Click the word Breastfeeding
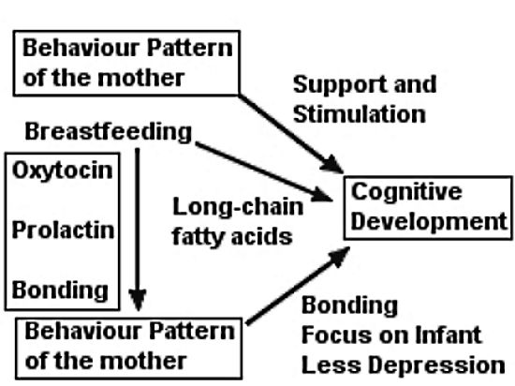[x=108, y=132]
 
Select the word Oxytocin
[x=63, y=171]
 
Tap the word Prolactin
[x=63, y=230]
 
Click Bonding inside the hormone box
[x=60, y=290]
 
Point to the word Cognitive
[x=406, y=192]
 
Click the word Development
[x=429, y=221]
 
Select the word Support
[x=340, y=85]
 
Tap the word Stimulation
[x=360, y=114]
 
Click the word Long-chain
[x=238, y=207]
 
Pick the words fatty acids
[x=232, y=236]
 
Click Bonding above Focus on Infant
[x=349, y=305]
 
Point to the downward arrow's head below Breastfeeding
[x=138, y=300]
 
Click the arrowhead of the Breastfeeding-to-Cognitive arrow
[x=322, y=195]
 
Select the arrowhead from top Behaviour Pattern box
[x=332, y=164]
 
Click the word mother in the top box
[x=140, y=78]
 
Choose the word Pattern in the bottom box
[x=192, y=331]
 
